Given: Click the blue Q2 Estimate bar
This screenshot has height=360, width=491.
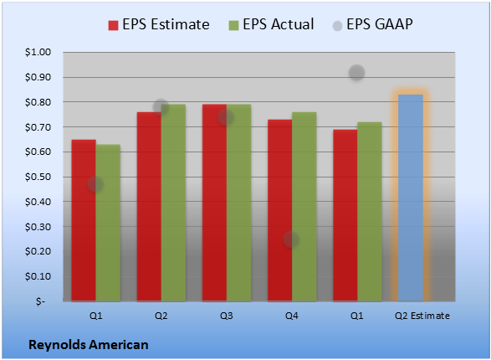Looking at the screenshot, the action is pyautogui.click(x=411, y=198).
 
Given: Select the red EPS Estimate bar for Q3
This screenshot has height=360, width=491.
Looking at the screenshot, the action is pyautogui.click(x=214, y=203).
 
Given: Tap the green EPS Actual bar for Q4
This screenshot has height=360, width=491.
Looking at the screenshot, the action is pyautogui.click(x=304, y=207).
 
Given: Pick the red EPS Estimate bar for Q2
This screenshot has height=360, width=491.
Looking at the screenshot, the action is pyautogui.click(x=149, y=207).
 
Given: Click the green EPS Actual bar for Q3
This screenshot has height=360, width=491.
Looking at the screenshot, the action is pyautogui.click(x=239, y=203).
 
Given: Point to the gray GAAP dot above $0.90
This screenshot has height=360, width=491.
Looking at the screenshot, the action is pyautogui.click(x=356, y=73).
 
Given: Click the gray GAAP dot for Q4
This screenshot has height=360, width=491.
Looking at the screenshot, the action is pyautogui.click(x=291, y=239).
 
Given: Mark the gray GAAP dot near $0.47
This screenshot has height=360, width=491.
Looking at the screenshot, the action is pyautogui.click(x=95, y=184).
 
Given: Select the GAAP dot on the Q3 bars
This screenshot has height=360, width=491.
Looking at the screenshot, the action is pyautogui.click(x=226, y=117).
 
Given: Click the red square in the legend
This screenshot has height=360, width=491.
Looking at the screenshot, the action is pyautogui.click(x=113, y=25).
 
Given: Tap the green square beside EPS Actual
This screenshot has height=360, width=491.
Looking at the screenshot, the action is pyautogui.click(x=233, y=25).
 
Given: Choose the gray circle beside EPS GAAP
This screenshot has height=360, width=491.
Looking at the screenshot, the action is pyautogui.click(x=337, y=26).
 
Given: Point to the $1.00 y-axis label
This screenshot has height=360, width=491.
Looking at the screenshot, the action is pyautogui.click(x=38, y=52).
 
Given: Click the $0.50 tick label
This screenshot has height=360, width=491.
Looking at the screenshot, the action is pyautogui.click(x=38, y=177).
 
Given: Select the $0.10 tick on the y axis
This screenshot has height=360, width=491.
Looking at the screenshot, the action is pyautogui.click(x=38, y=276).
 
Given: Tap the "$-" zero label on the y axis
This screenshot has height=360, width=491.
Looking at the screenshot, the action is pyautogui.click(x=40, y=301).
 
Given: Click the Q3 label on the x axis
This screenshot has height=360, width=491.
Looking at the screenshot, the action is pyautogui.click(x=227, y=316).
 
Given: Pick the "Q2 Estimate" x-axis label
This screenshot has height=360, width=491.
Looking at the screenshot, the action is pyautogui.click(x=422, y=316).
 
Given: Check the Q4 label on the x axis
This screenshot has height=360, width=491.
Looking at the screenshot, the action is pyautogui.click(x=292, y=316).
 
